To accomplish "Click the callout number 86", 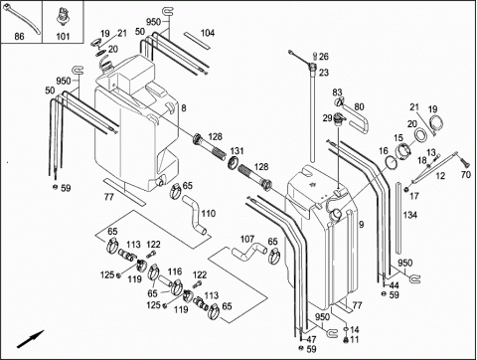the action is pos(19,36).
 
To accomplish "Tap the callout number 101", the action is pos(63,36).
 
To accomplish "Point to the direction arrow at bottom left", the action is pos(30,339).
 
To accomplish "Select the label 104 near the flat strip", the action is pos(208,33).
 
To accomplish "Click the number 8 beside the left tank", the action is pos(184,108).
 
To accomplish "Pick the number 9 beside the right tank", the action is pos(361,225).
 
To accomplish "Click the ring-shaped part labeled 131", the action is pos(234,162).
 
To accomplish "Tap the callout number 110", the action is pos(209,213).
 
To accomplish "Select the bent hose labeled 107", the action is pos(249,252).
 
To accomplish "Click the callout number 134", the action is pos(410,215).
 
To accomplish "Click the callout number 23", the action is pos(324,73).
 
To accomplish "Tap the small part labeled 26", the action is pos(315,56).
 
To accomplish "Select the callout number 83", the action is pos(337,92).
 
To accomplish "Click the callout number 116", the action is pos(175,271).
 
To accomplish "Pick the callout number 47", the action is pos(311,339).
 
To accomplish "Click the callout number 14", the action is pos(355,330).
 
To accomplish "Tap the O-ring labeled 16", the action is pos(392,162).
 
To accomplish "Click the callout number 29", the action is pos(327,118).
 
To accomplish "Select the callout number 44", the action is pos(394,285).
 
